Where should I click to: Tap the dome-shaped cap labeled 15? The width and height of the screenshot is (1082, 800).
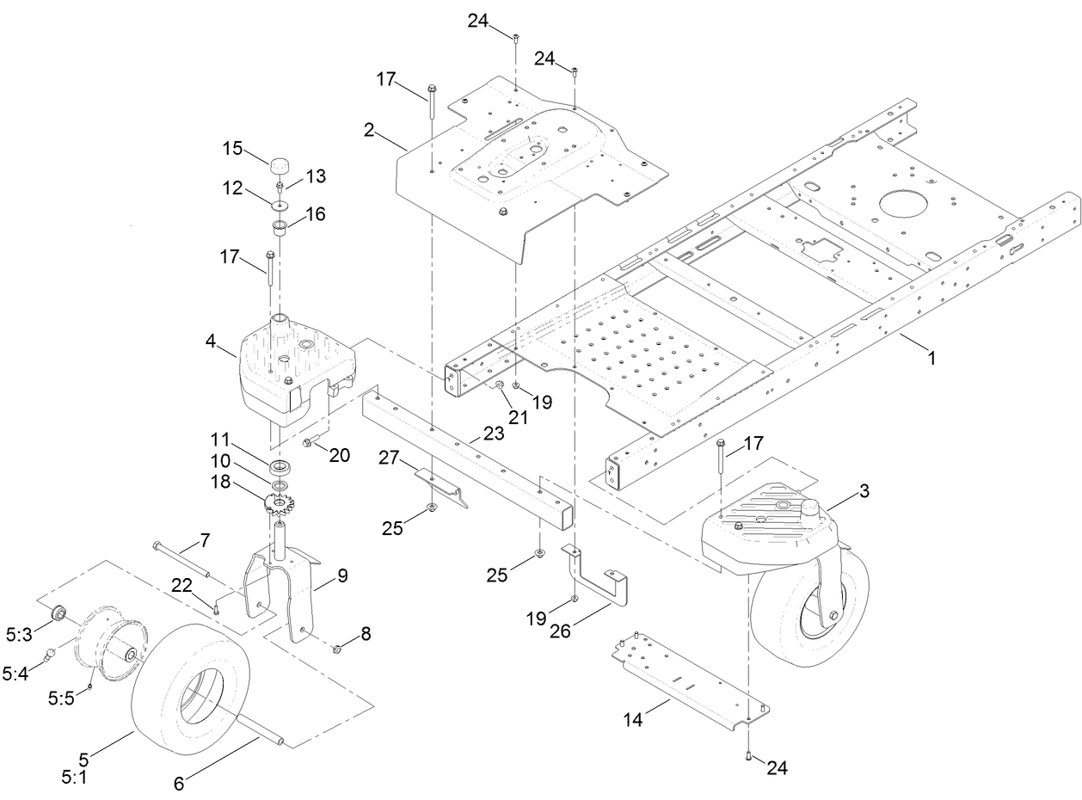pyautogui.click(x=280, y=164)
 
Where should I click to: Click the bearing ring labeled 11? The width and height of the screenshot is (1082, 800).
pyautogui.click(x=280, y=468)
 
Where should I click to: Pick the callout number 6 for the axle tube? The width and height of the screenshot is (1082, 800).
pyautogui.click(x=178, y=784)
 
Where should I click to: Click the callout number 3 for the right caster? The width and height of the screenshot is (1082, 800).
pyautogui.click(x=864, y=491)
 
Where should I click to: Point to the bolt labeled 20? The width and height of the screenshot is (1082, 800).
pyautogui.click(x=307, y=444)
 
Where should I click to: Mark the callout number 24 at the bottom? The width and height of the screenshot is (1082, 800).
pyautogui.click(x=777, y=767)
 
